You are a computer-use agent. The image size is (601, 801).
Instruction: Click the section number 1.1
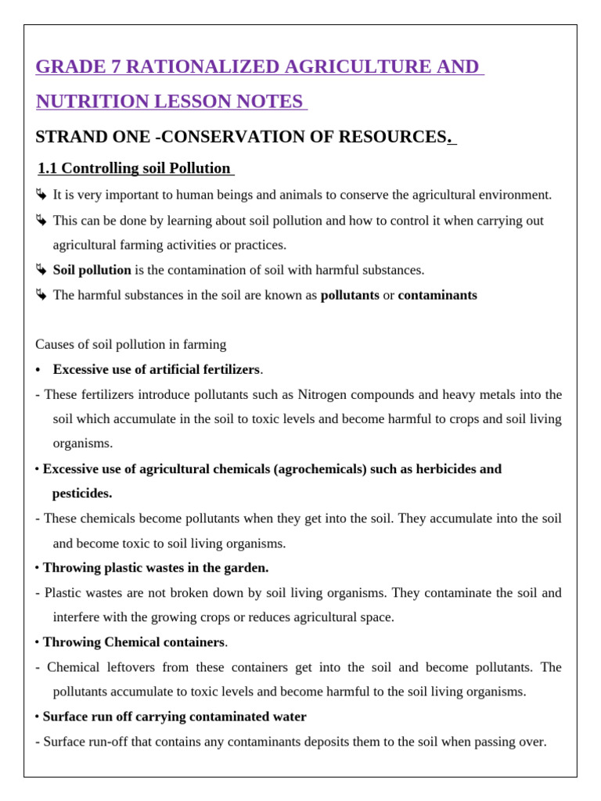pyautogui.click(x=48, y=168)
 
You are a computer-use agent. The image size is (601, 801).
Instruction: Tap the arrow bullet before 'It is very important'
pyautogui.click(x=41, y=195)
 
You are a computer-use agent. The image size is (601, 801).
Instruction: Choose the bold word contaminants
pyautogui.click(x=437, y=296)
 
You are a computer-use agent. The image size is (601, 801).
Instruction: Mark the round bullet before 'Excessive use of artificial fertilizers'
pyautogui.click(x=38, y=370)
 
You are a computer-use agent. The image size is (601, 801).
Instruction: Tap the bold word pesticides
pyautogui.click(x=81, y=494)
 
